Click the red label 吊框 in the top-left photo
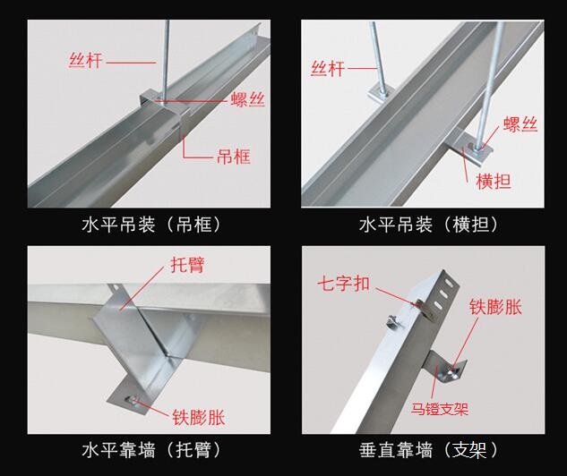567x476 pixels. (x=234, y=157)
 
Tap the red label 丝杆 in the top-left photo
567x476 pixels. (x=86, y=60)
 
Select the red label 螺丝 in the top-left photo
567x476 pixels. (x=248, y=99)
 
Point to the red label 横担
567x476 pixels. (x=494, y=182)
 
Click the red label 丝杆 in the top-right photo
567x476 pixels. (x=328, y=68)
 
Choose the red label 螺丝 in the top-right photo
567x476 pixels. (x=520, y=123)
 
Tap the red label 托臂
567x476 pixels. (x=187, y=265)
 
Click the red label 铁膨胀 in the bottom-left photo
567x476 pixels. (x=199, y=418)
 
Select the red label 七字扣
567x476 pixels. (x=344, y=283)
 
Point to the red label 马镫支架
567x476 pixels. (x=439, y=409)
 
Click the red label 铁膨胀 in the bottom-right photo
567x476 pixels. (x=495, y=307)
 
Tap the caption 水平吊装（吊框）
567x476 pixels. (x=151, y=225)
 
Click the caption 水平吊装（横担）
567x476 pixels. (x=429, y=225)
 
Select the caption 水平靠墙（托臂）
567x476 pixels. (x=151, y=450)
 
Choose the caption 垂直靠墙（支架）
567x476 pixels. (x=429, y=450)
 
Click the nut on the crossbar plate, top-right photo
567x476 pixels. (x=475, y=146)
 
